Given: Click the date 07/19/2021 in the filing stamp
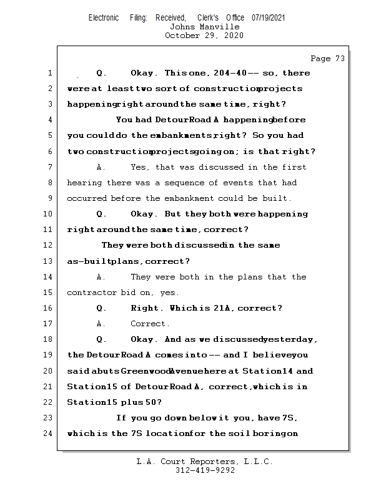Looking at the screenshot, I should (x=268, y=17).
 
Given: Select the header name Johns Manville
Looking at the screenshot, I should (x=204, y=27).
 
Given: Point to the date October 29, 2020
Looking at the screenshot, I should (x=204, y=36).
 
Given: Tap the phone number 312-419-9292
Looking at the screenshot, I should (x=205, y=470).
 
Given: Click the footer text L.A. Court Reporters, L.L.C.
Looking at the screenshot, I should (x=205, y=462).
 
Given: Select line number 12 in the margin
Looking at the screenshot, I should (x=49, y=245).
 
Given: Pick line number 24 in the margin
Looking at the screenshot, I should (x=49, y=434).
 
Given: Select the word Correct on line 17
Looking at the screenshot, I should (x=149, y=324).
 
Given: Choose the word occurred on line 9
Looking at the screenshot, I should (x=87, y=198).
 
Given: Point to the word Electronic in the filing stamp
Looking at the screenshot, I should (x=104, y=17).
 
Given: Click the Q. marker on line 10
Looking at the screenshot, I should (x=102, y=214).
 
